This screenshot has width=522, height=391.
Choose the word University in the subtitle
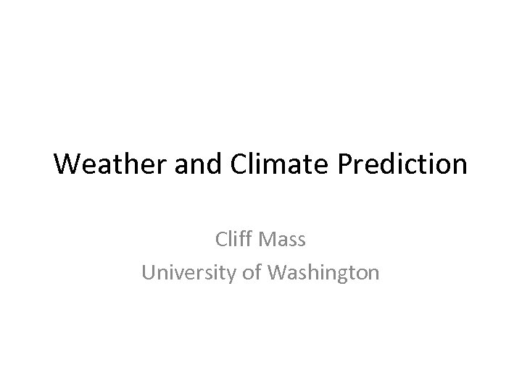click(x=186, y=272)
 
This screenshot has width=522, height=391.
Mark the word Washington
click(x=323, y=272)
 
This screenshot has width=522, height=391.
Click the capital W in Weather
click(x=67, y=164)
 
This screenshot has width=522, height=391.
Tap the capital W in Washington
click(x=279, y=272)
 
